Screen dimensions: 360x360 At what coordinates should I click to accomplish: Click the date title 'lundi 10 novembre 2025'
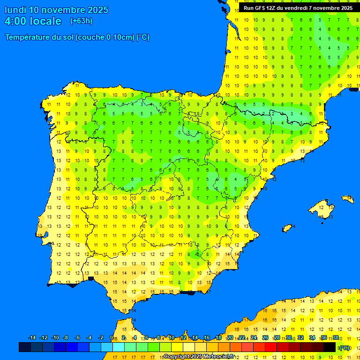point(56,10)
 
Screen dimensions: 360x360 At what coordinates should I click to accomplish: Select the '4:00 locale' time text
point(33,21)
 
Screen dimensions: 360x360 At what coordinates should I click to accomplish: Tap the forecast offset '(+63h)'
point(81,21)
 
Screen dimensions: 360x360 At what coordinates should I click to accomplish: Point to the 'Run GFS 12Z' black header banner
point(298,8)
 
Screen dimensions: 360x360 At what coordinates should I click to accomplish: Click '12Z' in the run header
point(271,8)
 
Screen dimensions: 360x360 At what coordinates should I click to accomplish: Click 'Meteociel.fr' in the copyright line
point(218,357)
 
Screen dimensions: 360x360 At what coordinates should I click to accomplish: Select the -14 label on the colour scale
point(32,338)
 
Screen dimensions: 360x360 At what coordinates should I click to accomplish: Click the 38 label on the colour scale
point(335,338)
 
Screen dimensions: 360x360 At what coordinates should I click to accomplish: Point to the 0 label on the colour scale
point(111,338)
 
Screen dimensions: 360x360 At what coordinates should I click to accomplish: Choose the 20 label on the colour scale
point(230,338)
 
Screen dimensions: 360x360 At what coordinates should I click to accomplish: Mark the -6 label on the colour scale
point(77,338)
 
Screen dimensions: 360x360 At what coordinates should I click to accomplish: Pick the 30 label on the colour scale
point(288,338)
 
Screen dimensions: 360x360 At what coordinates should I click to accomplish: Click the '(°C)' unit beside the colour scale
point(345,348)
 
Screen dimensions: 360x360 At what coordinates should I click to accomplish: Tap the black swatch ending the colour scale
point(330,347)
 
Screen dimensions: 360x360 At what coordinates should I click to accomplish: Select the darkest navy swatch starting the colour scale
point(25,347)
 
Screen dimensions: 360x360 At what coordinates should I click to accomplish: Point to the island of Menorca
point(347,199)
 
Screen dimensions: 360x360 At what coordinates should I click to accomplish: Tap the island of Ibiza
point(288,227)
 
